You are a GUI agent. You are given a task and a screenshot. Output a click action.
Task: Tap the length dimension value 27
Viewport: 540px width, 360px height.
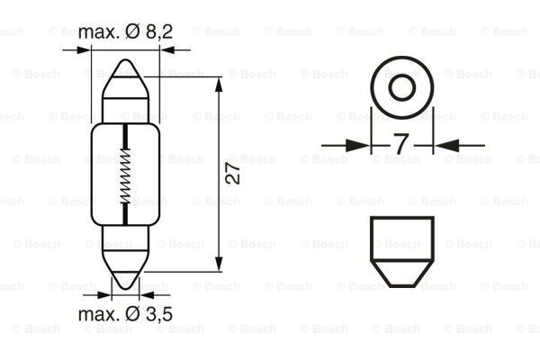[233, 173]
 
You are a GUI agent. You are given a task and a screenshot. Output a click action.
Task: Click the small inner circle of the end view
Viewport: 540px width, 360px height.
[402, 87]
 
